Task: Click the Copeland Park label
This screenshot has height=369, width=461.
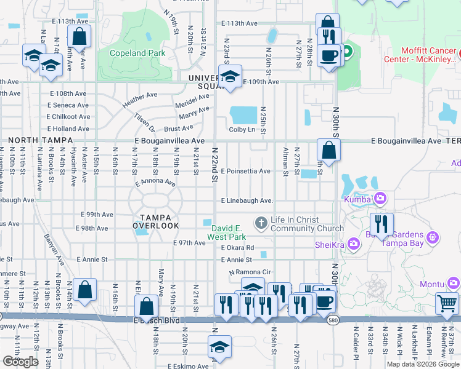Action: (137, 53)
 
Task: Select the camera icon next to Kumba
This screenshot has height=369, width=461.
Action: (381, 198)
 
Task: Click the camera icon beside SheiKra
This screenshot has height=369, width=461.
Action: (353, 244)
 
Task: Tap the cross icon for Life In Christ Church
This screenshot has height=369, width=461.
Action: (261, 223)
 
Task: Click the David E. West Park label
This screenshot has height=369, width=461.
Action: (226, 232)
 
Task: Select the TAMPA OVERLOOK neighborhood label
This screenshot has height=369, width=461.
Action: (159, 221)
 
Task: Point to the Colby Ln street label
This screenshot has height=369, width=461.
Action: (242, 129)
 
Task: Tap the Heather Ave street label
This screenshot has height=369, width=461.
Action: (139, 100)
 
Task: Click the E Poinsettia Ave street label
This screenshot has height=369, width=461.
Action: (245, 171)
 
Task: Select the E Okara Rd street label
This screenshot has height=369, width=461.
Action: (237, 248)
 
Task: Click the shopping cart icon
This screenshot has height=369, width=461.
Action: (447, 303)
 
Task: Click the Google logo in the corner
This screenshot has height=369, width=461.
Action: (20, 362)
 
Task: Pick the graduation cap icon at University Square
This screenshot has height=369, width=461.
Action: (230, 77)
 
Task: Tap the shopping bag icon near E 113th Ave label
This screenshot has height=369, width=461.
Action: (79, 36)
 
